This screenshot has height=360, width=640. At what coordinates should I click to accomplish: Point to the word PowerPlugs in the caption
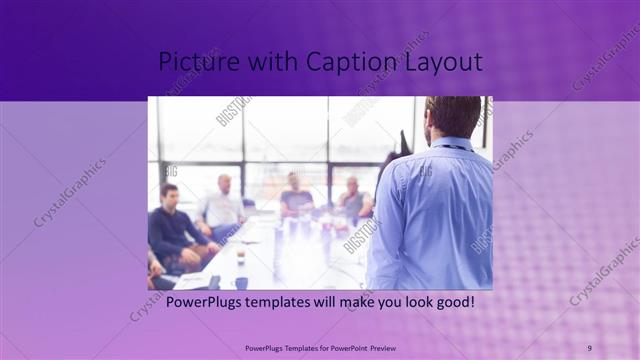tap(204, 301)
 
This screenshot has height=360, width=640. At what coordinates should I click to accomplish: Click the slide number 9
tap(589, 348)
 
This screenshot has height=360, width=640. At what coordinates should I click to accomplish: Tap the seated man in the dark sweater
tap(172, 228)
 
